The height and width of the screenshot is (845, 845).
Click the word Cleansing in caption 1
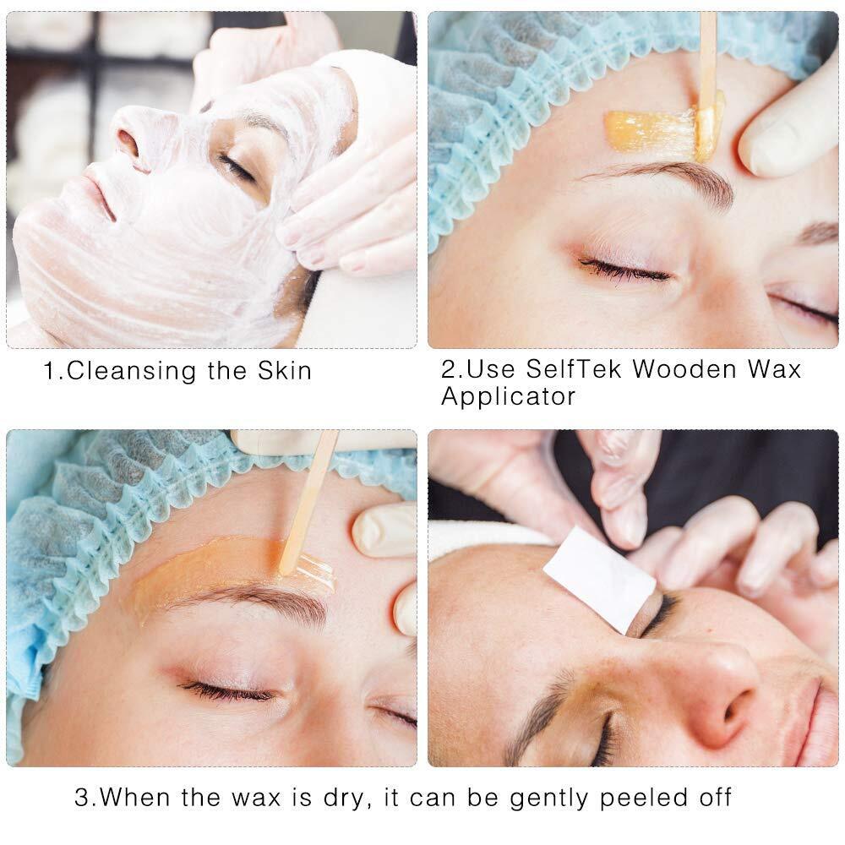[x=131, y=371]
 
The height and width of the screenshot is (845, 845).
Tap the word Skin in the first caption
[x=285, y=371]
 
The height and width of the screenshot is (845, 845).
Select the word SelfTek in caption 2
[x=574, y=369]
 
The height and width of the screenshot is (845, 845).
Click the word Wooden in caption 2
[x=684, y=369]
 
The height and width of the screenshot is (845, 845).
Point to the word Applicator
[x=508, y=396]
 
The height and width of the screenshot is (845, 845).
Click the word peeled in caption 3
[x=643, y=798]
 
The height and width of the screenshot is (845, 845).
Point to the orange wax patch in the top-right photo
[x=653, y=132]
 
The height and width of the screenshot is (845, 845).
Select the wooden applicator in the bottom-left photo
[x=308, y=502]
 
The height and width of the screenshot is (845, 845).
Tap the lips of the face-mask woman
[x=101, y=195]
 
